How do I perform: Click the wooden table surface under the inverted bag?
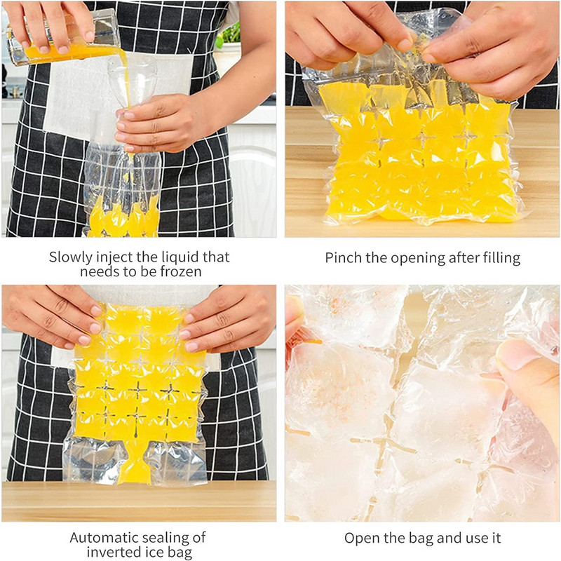pos(139,501)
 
